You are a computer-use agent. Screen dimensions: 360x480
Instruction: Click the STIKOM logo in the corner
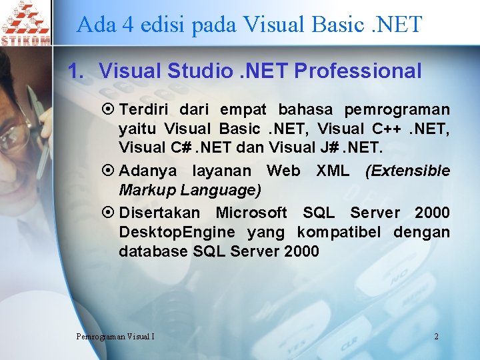(x=25, y=23)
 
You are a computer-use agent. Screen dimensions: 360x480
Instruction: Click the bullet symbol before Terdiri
(x=109, y=109)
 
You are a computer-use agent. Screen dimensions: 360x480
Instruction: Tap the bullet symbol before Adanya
(x=109, y=171)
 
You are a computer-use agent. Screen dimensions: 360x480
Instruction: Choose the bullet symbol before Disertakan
(x=109, y=213)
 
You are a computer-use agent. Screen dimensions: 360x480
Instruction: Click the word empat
(x=243, y=109)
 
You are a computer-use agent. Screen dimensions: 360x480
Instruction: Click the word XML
(x=332, y=171)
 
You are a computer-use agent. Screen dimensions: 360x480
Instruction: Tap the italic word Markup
(x=149, y=191)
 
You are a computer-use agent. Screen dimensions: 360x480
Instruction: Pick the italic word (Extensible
(x=407, y=171)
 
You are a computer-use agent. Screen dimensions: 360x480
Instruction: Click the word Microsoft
(x=251, y=213)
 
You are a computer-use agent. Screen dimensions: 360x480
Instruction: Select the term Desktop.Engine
(x=177, y=232)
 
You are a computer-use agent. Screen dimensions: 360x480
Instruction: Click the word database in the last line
(x=153, y=251)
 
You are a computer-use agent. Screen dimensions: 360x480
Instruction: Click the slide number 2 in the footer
(x=436, y=336)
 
